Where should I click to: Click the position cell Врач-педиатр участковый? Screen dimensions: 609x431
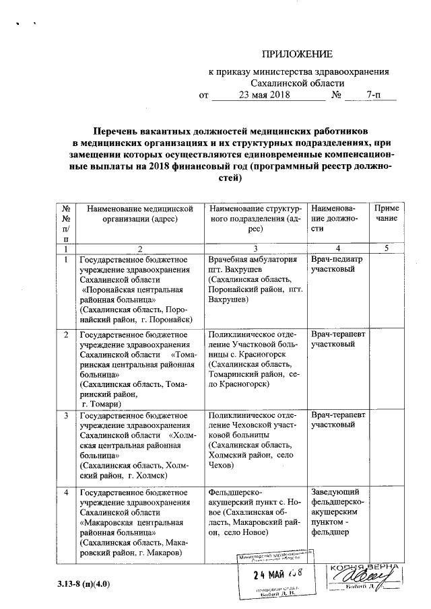(337, 264)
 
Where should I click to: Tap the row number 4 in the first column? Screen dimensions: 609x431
(66, 493)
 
